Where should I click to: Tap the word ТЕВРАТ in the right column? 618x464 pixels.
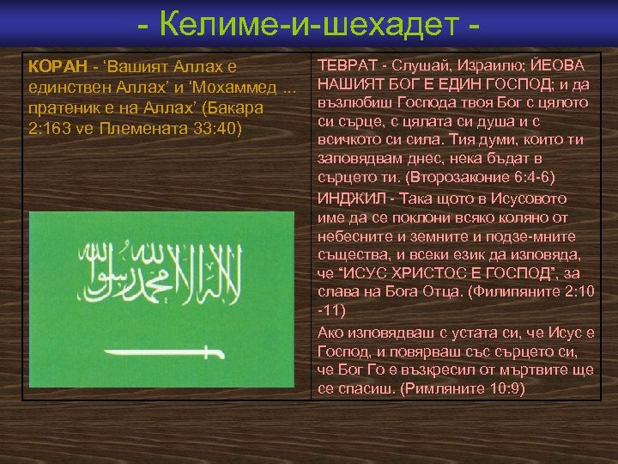[347, 66]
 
